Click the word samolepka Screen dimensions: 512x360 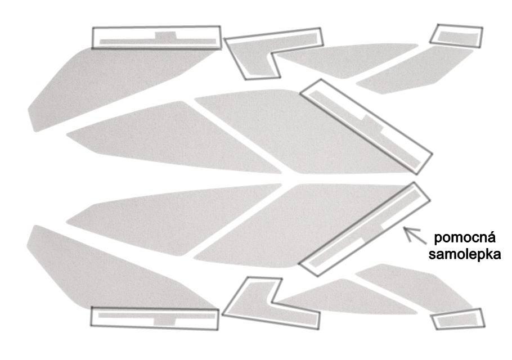point(464,254)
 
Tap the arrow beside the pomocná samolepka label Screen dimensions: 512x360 point(415,235)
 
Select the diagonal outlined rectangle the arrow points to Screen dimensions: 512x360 point(365,229)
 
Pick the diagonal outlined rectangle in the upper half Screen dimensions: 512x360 point(366,127)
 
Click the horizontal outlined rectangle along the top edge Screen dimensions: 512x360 point(157,38)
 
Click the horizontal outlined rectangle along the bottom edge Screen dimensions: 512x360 point(155,318)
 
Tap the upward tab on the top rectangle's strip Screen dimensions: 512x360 point(166,35)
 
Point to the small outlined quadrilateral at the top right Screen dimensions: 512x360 point(456,36)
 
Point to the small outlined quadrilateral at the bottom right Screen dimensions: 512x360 point(458,318)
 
